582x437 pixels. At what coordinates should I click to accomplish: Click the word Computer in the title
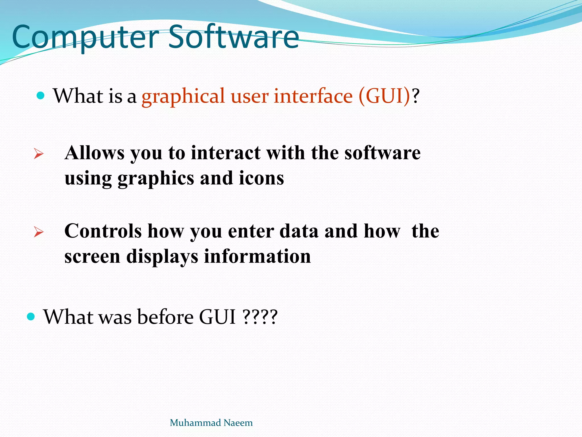[85, 37]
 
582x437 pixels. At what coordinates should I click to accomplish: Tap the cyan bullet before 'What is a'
[41, 96]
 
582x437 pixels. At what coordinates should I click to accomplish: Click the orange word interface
[313, 96]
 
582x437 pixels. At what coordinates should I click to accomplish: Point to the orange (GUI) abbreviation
[384, 96]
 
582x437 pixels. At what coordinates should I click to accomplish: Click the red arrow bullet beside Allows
[38, 154]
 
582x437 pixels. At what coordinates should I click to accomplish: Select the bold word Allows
[94, 153]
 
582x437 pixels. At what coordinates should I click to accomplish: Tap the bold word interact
[226, 153]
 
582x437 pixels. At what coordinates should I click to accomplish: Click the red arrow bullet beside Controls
[38, 232]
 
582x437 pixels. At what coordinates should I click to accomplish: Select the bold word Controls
[103, 231]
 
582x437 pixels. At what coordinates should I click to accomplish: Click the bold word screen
[92, 257]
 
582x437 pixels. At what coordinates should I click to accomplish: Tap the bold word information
[257, 256]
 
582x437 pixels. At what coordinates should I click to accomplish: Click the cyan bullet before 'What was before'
[31, 316]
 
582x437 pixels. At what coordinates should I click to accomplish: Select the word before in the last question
[165, 317]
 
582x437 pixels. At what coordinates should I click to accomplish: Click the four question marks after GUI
[260, 317]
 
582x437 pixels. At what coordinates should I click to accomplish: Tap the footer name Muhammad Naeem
[211, 423]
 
